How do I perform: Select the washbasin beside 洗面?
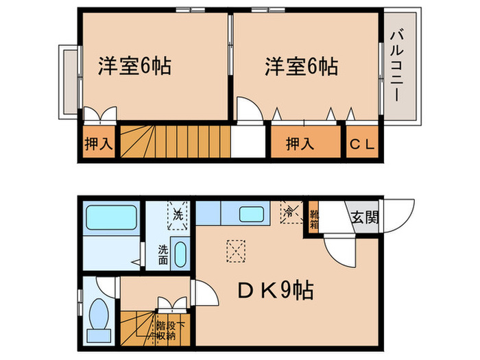click(x=181, y=254)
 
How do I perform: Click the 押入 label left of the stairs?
click(x=97, y=144)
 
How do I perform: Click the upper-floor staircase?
click(x=175, y=143)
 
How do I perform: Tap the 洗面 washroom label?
click(x=163, y=255)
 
